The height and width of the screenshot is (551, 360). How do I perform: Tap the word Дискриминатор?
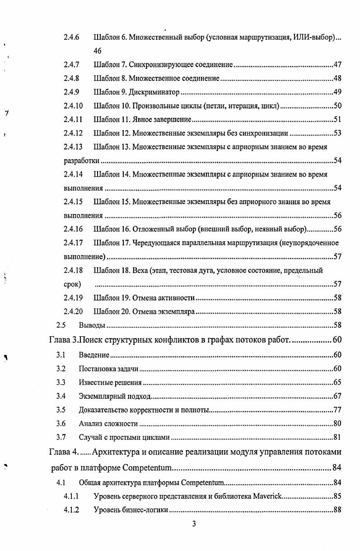[154, 93]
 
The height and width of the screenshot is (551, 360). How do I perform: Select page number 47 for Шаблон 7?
[337, 65]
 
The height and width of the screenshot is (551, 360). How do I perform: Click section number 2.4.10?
[73, 106]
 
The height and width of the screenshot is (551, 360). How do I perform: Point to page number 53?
[337, 133]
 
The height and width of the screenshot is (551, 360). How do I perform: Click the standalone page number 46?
[98, 51]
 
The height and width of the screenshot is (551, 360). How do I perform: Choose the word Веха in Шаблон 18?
[141, 271]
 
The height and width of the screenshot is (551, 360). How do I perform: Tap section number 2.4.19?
[73, 298]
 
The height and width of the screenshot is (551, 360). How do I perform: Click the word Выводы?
[92, 325]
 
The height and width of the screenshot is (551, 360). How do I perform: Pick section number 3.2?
[61, 369]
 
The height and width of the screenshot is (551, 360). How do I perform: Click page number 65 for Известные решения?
[337, 383]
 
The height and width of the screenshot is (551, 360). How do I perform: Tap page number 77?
[337, 410]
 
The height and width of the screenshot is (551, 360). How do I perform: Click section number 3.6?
[61, 424]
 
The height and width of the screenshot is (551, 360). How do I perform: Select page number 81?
[337, 437]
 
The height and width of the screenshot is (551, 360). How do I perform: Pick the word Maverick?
[266, 496]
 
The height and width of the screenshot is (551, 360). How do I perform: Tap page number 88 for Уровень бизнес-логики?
[337, 510]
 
